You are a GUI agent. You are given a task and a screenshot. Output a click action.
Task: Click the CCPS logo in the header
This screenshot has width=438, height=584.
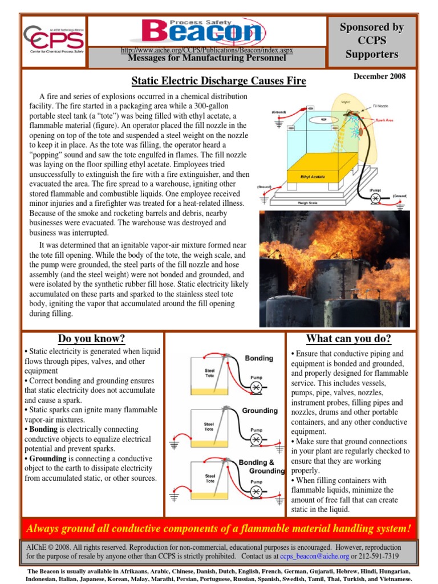point(54,40)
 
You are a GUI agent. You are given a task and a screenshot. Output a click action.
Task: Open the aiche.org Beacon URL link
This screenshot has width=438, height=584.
point(207,50)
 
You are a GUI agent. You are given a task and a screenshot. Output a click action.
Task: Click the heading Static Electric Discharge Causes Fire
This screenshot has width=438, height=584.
point(219,81)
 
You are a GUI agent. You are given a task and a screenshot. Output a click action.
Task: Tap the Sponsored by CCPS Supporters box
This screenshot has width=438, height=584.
point(372,41)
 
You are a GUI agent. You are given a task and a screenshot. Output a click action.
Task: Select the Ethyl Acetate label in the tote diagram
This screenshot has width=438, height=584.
point(313,177)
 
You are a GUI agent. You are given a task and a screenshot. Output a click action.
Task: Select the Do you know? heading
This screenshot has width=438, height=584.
point(91,339)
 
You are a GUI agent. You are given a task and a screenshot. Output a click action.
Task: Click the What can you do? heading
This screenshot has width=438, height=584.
point(348,339)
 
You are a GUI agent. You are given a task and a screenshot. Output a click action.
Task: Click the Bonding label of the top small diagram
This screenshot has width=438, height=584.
point(258,358)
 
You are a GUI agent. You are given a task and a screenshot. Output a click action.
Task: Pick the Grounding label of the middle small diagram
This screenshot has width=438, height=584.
point(259,410)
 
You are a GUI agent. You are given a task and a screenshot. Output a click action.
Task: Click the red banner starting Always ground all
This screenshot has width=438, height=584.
point(218,529)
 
